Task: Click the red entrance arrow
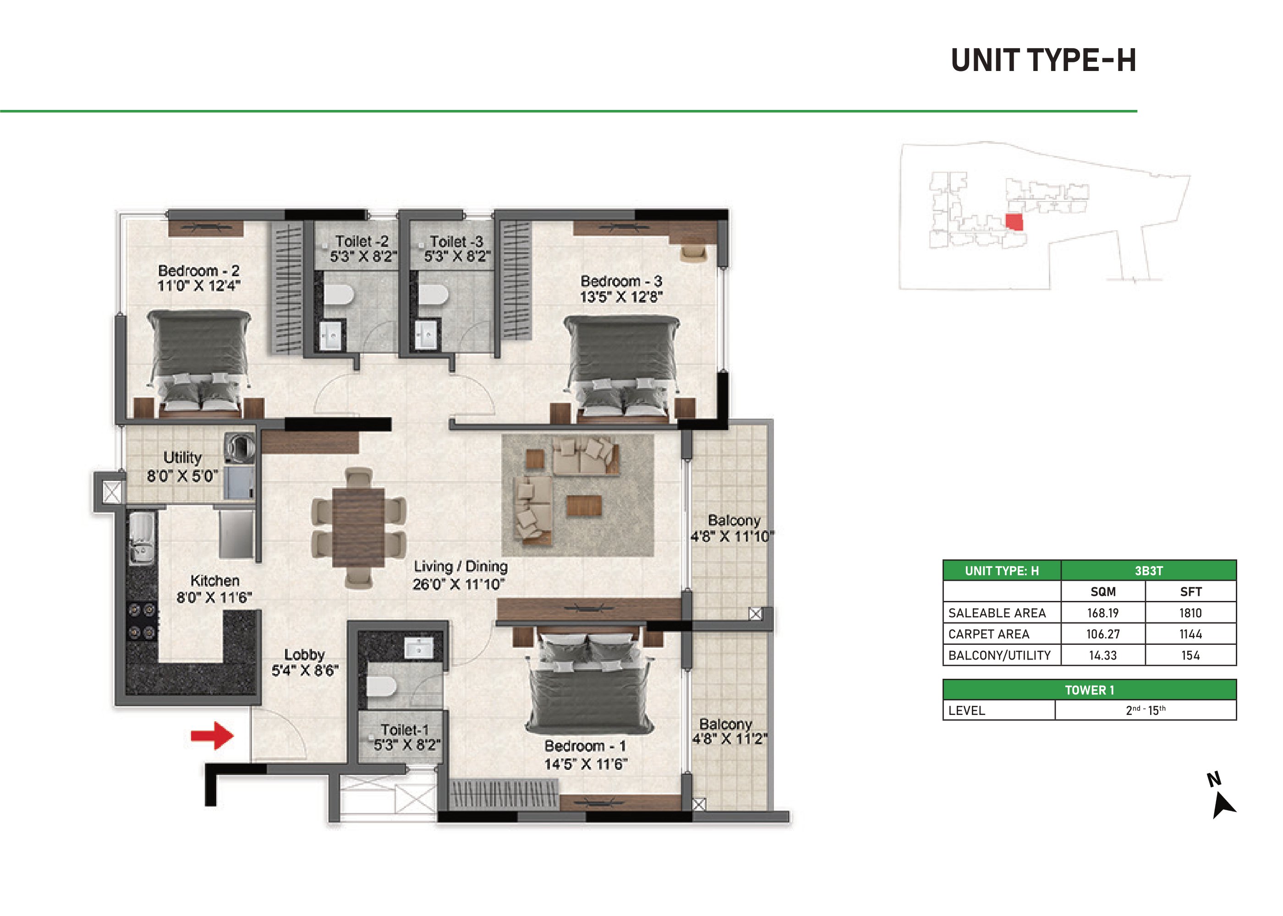click(x=212, y=735)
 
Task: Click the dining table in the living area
click(x=359, y=527)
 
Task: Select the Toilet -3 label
click(x=456, y=241)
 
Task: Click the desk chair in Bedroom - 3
click(x=693, y=251)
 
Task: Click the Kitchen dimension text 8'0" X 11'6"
click(x=214, y=597)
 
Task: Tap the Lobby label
click(x=304, y=654)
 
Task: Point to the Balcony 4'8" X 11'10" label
click(x=732, y=528)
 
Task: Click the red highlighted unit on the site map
click(x=1014, y=222)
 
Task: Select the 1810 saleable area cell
click(x=1190, y=612)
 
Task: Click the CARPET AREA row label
click(x=988, y=634)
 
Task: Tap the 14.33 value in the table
click(x=1103, y=655)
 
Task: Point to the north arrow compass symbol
click(x=1222, y=804)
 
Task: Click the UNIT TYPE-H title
click(x=1043, y=60)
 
